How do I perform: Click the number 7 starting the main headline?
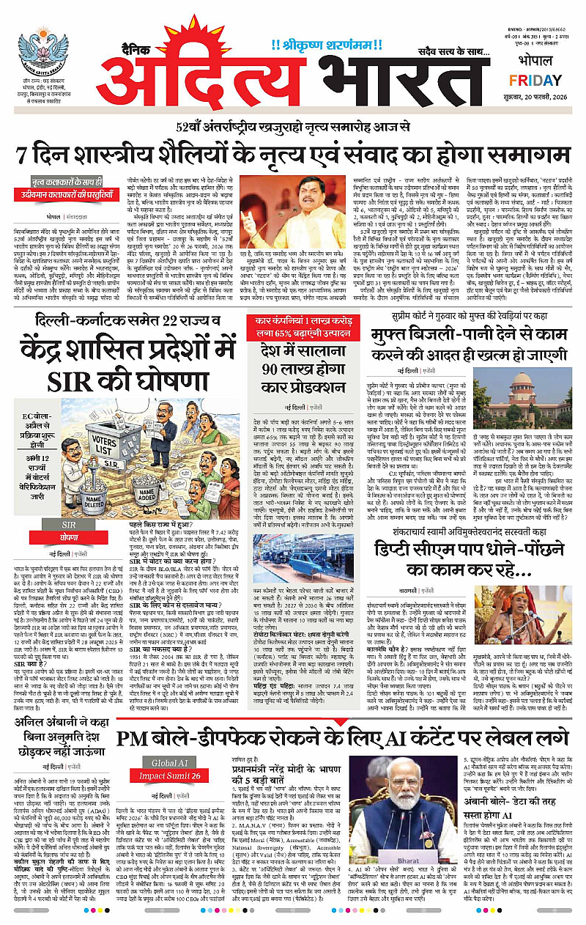pos(27,156)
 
